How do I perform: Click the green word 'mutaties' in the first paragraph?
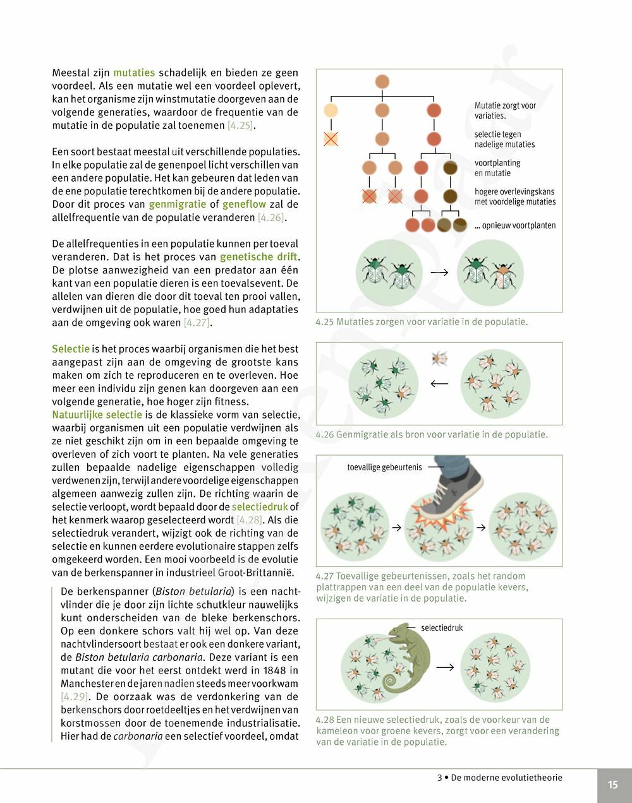pos(134,73)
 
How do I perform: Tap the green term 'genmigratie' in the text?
pos(178,205)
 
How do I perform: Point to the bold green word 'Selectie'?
pos(71,349)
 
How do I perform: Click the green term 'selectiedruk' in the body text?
pos(260,507)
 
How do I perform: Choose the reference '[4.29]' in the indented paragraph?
pos(74,697)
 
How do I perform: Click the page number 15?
pos(613,785)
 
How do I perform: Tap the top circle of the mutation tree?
pos(382,81)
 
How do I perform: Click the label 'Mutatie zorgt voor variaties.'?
pos(505,110)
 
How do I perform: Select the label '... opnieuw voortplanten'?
pos(515,225)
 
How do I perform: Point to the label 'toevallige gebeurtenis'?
pos(384,468)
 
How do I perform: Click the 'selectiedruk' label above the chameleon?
pos(442,628)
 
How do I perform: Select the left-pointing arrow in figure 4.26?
pos(439,383)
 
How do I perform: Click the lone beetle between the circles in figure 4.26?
pos(439,359)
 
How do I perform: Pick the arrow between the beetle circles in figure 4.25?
pos(439,272)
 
